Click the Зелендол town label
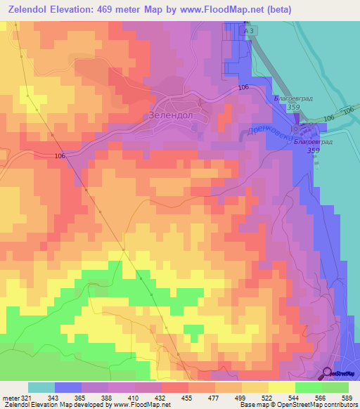pos(172,115)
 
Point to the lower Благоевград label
pos(312,141)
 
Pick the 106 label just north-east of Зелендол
pos(243,87)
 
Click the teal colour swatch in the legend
pos(41,387)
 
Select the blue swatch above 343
pos(67,387)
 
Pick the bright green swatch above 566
pos(308,387)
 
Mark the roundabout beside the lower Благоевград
pos(303,129)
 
